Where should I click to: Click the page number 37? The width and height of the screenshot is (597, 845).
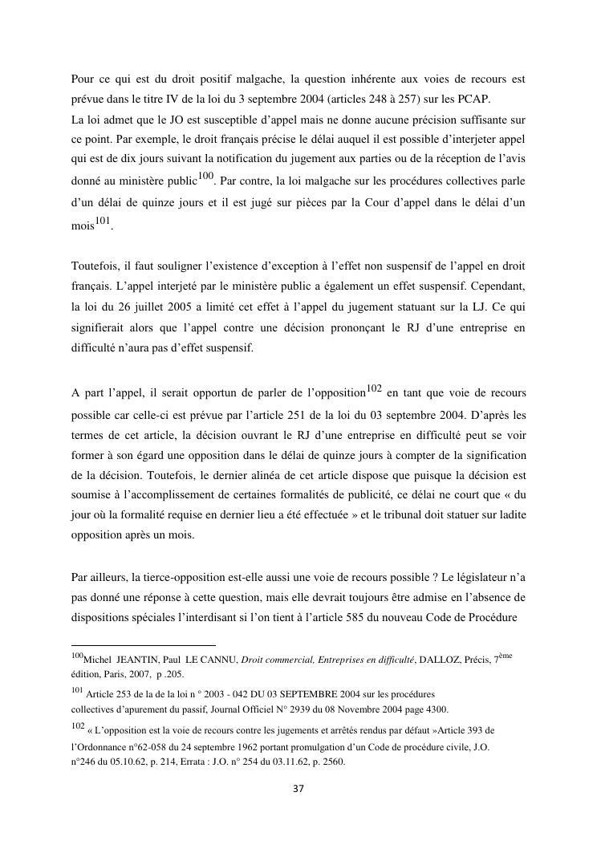(298, 789)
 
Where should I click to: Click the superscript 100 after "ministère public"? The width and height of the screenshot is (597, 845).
(205, 176)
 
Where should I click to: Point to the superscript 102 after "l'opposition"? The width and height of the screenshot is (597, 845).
(374, 388)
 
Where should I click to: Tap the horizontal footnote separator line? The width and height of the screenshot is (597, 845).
(144, 644)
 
